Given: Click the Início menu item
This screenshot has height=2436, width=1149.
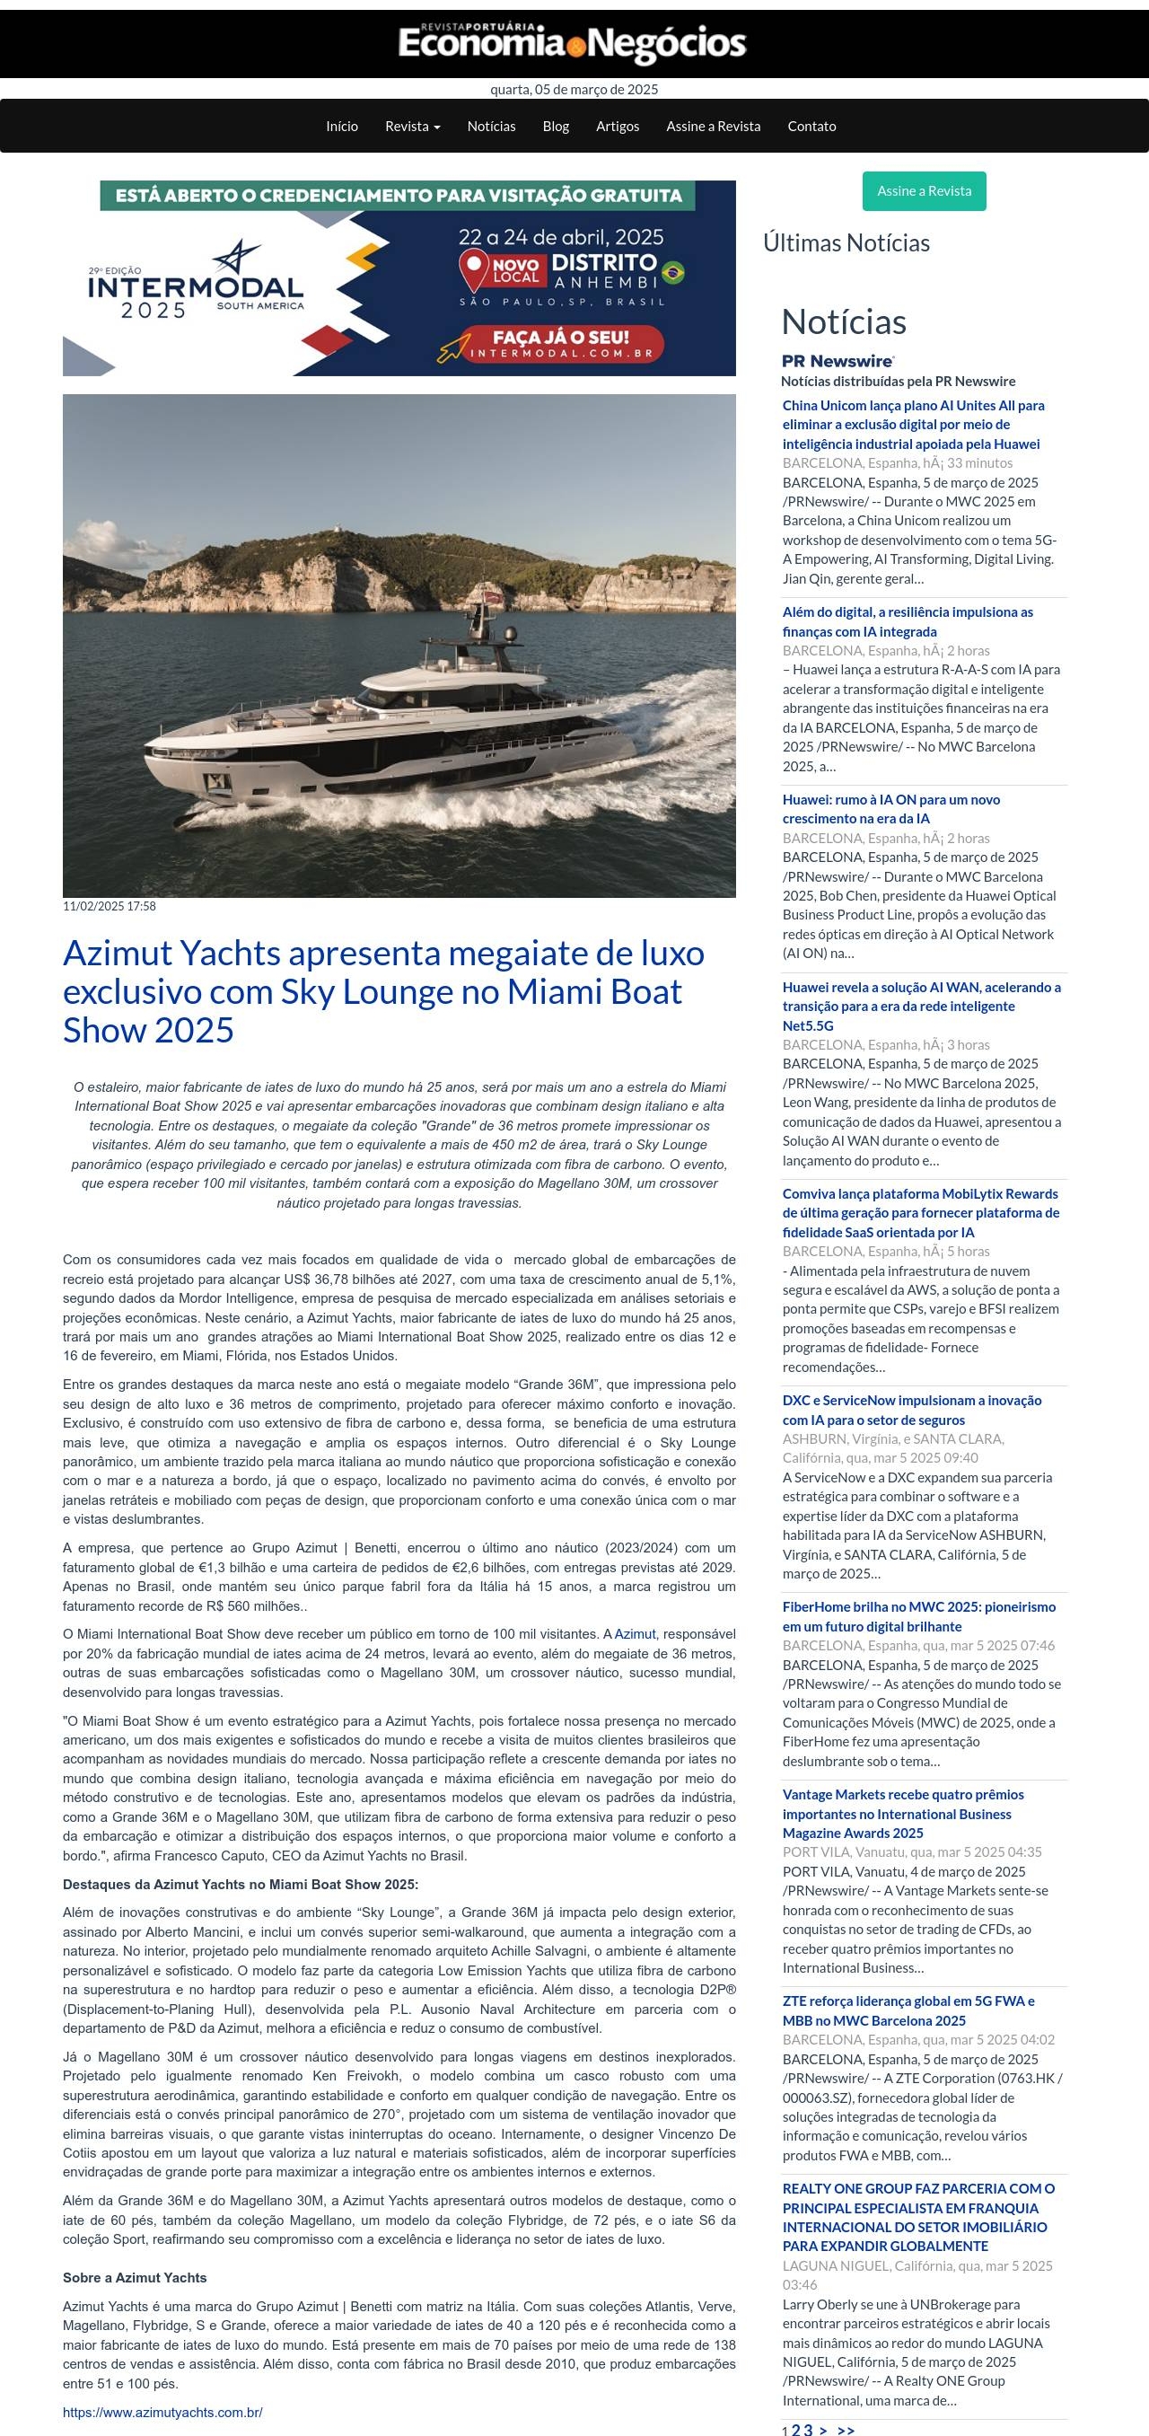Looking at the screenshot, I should pos(341,126).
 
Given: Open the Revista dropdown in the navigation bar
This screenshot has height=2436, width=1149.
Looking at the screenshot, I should pos(412,126).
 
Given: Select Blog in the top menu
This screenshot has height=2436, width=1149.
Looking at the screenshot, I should pos(555,126).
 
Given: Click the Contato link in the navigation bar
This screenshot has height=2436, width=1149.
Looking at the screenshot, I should pos(811,126).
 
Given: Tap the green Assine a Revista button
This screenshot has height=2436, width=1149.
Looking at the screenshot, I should pos(923,191).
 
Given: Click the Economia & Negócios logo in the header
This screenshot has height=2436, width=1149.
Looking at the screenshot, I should pos(572,43).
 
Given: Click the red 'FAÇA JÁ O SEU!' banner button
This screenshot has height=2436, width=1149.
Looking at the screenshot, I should pos(560,344).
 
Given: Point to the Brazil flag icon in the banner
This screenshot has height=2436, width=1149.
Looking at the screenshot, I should pos(673,273).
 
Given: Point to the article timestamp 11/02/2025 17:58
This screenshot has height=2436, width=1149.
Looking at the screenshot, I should pos(110,906).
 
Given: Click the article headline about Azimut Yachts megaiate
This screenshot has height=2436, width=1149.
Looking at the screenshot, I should pos(383,991).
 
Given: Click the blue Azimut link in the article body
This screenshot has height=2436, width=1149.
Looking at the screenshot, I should pos(635,1633).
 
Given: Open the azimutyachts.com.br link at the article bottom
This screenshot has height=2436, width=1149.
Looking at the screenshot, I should pos(162,2412).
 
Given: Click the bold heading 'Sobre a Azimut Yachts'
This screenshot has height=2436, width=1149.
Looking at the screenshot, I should pos(135,2277).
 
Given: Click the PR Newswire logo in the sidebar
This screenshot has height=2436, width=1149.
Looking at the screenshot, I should pos(838,361).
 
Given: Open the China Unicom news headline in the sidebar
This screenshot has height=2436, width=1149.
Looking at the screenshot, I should pos(913,425).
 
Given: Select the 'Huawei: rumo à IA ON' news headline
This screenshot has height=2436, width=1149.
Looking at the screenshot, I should pos(890,808).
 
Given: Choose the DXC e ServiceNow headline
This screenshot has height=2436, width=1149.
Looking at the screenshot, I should pos(911,1409).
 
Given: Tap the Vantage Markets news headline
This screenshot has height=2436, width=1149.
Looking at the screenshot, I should pos(902,1813).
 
